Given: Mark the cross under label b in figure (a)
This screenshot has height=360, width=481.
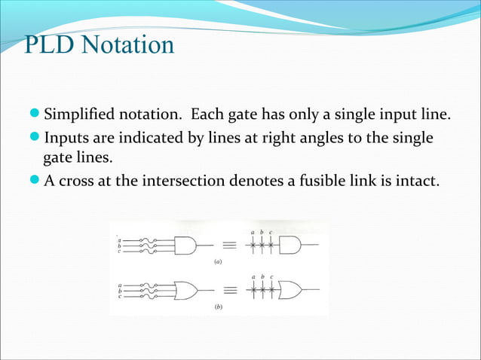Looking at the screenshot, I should (x=262, y=246).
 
